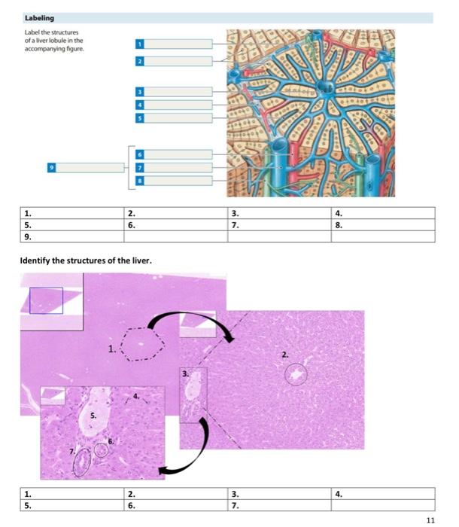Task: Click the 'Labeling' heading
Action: [39, 17]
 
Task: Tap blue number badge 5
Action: [139, 118]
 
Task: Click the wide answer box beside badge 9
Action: [88, 167]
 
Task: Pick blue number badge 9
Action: [52, 167]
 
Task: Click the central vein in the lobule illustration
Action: [326, 88]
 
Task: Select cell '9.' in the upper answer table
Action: [70, 236]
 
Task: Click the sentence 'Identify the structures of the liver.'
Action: [87, 260]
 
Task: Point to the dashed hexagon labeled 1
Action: [142, 346]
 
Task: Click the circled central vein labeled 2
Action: [296, 373]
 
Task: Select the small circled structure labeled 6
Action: [101, 450]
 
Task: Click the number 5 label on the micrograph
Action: [93, 416]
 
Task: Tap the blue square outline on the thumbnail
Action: [46, 300]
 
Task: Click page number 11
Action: [430, 519]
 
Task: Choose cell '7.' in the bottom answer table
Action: [278, 505]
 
